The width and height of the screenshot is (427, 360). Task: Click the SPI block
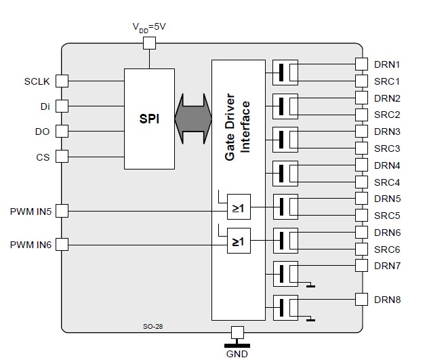(149, 119)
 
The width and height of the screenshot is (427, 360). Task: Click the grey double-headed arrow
(193, 119)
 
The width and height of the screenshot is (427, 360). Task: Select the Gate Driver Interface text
(237, 127)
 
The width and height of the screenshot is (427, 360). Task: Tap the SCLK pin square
(62, 81)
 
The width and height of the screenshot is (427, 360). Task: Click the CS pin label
(43, 157)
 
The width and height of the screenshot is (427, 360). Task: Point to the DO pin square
(62, 132)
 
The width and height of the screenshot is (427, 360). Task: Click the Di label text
(45, 106)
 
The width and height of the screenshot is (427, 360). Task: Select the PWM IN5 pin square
(62, 211)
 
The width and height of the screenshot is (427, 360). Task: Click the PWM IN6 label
(30, 245)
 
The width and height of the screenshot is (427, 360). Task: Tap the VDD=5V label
(149, 27)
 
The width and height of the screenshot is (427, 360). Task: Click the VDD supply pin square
(149, 43)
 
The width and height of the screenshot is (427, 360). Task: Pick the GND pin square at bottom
(237, 332)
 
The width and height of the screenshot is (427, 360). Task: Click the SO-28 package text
(152, 326)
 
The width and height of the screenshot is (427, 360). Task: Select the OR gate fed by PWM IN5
(239, 207)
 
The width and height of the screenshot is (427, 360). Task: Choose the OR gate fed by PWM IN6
(239, 241)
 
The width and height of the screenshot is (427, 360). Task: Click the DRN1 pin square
(362, 64)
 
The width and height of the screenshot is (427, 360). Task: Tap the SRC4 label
(387, 182)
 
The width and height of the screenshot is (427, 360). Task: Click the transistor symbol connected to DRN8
(285, 308)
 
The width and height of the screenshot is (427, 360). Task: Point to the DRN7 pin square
(362, 265)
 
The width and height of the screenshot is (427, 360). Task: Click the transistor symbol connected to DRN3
(285, 140)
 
